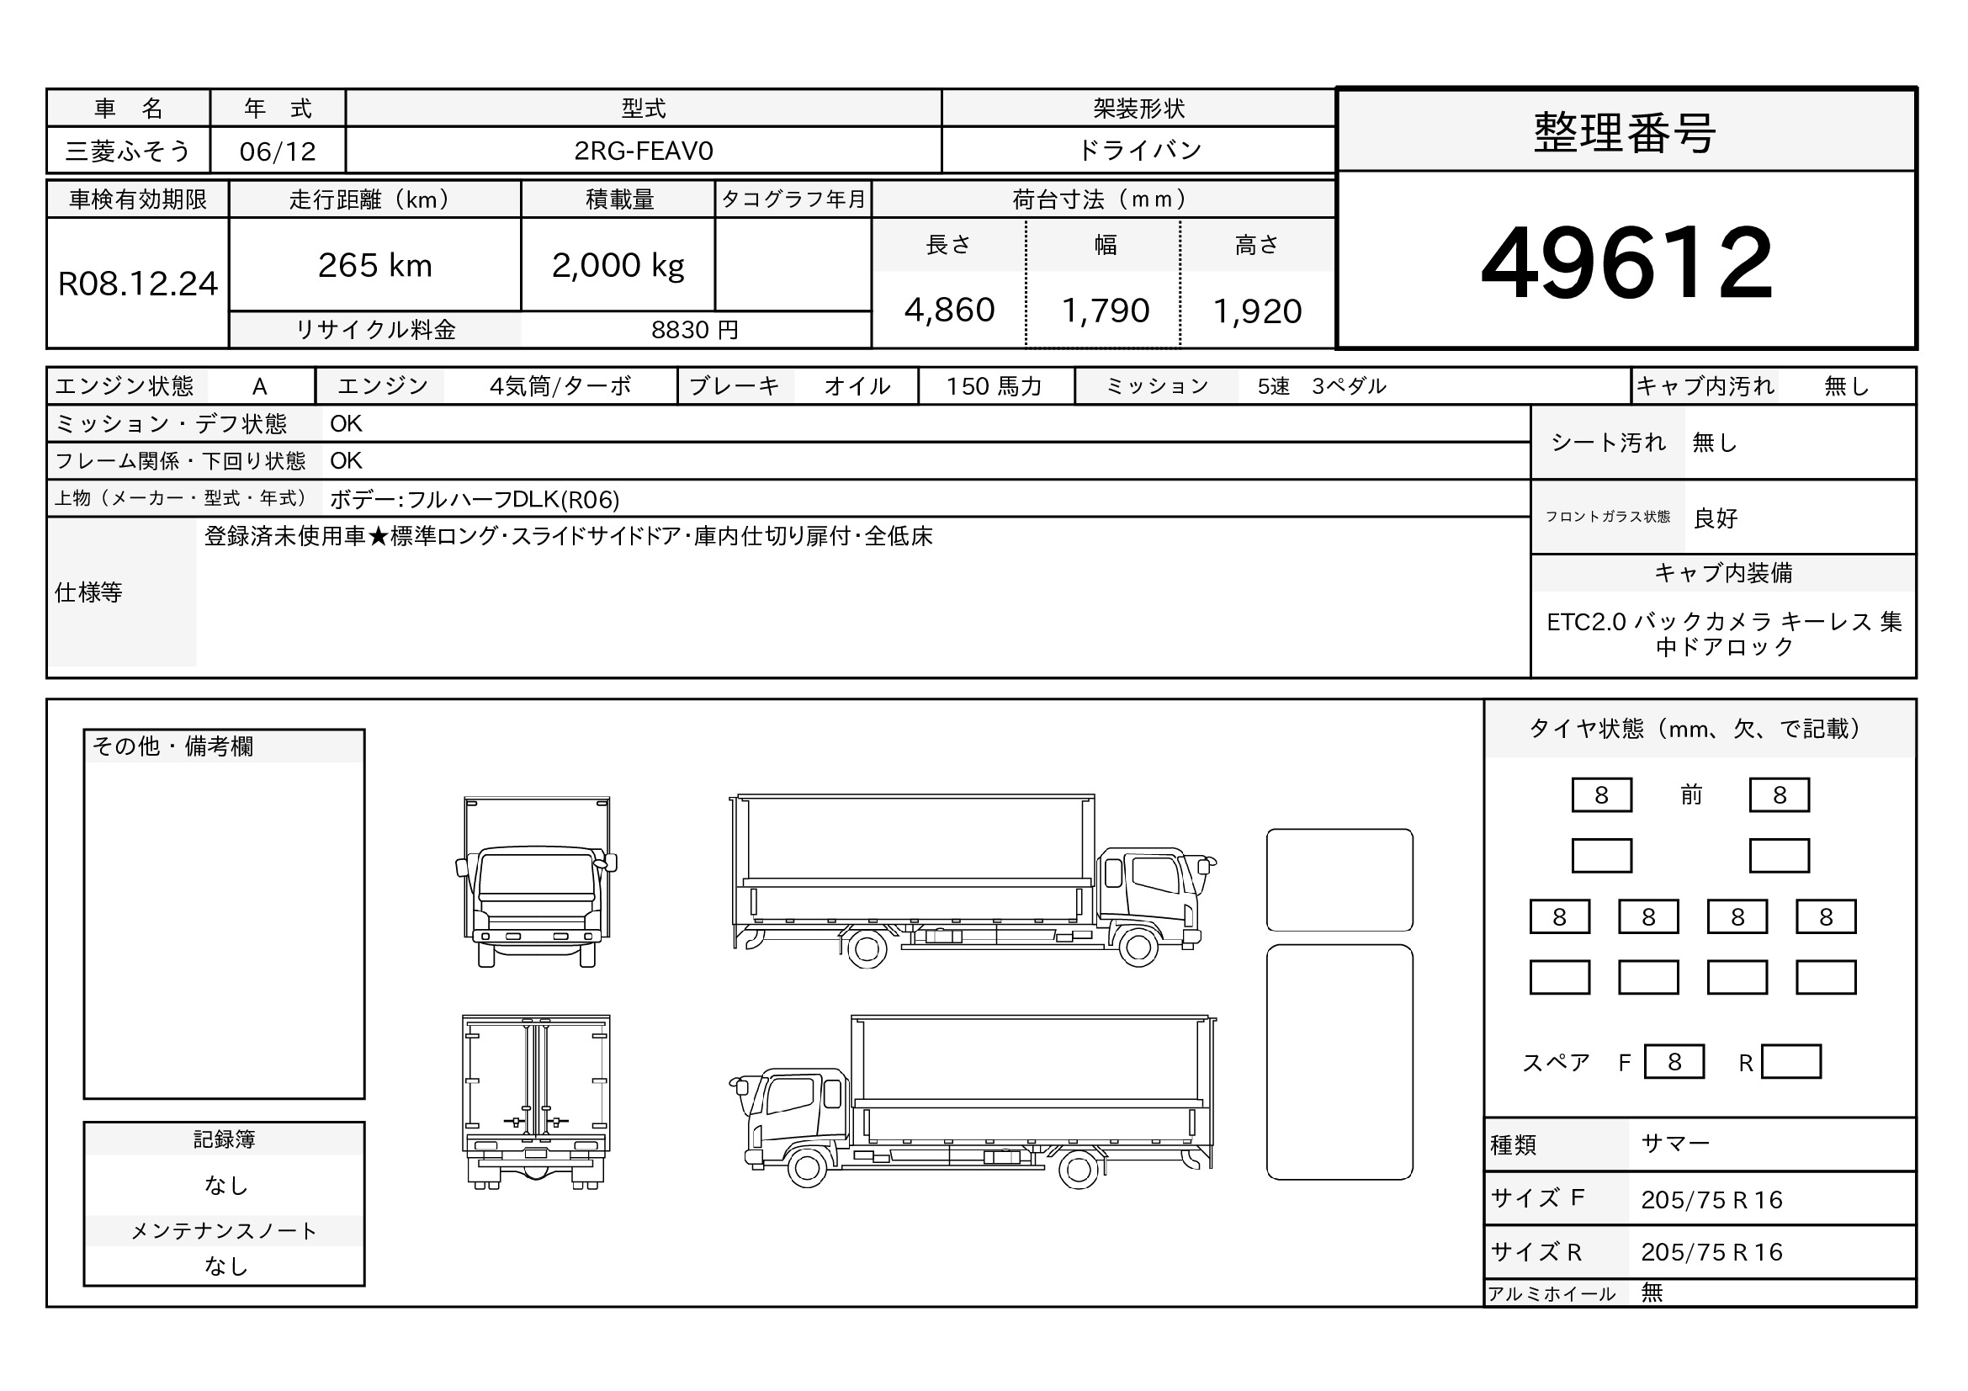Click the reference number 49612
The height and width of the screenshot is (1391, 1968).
[x=1626, y=263]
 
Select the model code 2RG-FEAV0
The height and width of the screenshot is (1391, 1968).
[x=643, y=151]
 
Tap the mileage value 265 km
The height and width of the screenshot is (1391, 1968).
[x=374, y=266]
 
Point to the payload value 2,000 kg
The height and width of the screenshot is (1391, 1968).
[x=618, y=266]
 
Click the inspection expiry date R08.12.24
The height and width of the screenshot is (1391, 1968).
[x=138, y=284]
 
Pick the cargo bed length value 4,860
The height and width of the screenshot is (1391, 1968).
[x=949, y=311]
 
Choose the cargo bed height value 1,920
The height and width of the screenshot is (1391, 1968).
[x=1256, y=311]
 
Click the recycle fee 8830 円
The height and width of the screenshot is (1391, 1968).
[x=694, y=330]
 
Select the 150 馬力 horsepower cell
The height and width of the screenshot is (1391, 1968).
[x=994, y=386]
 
